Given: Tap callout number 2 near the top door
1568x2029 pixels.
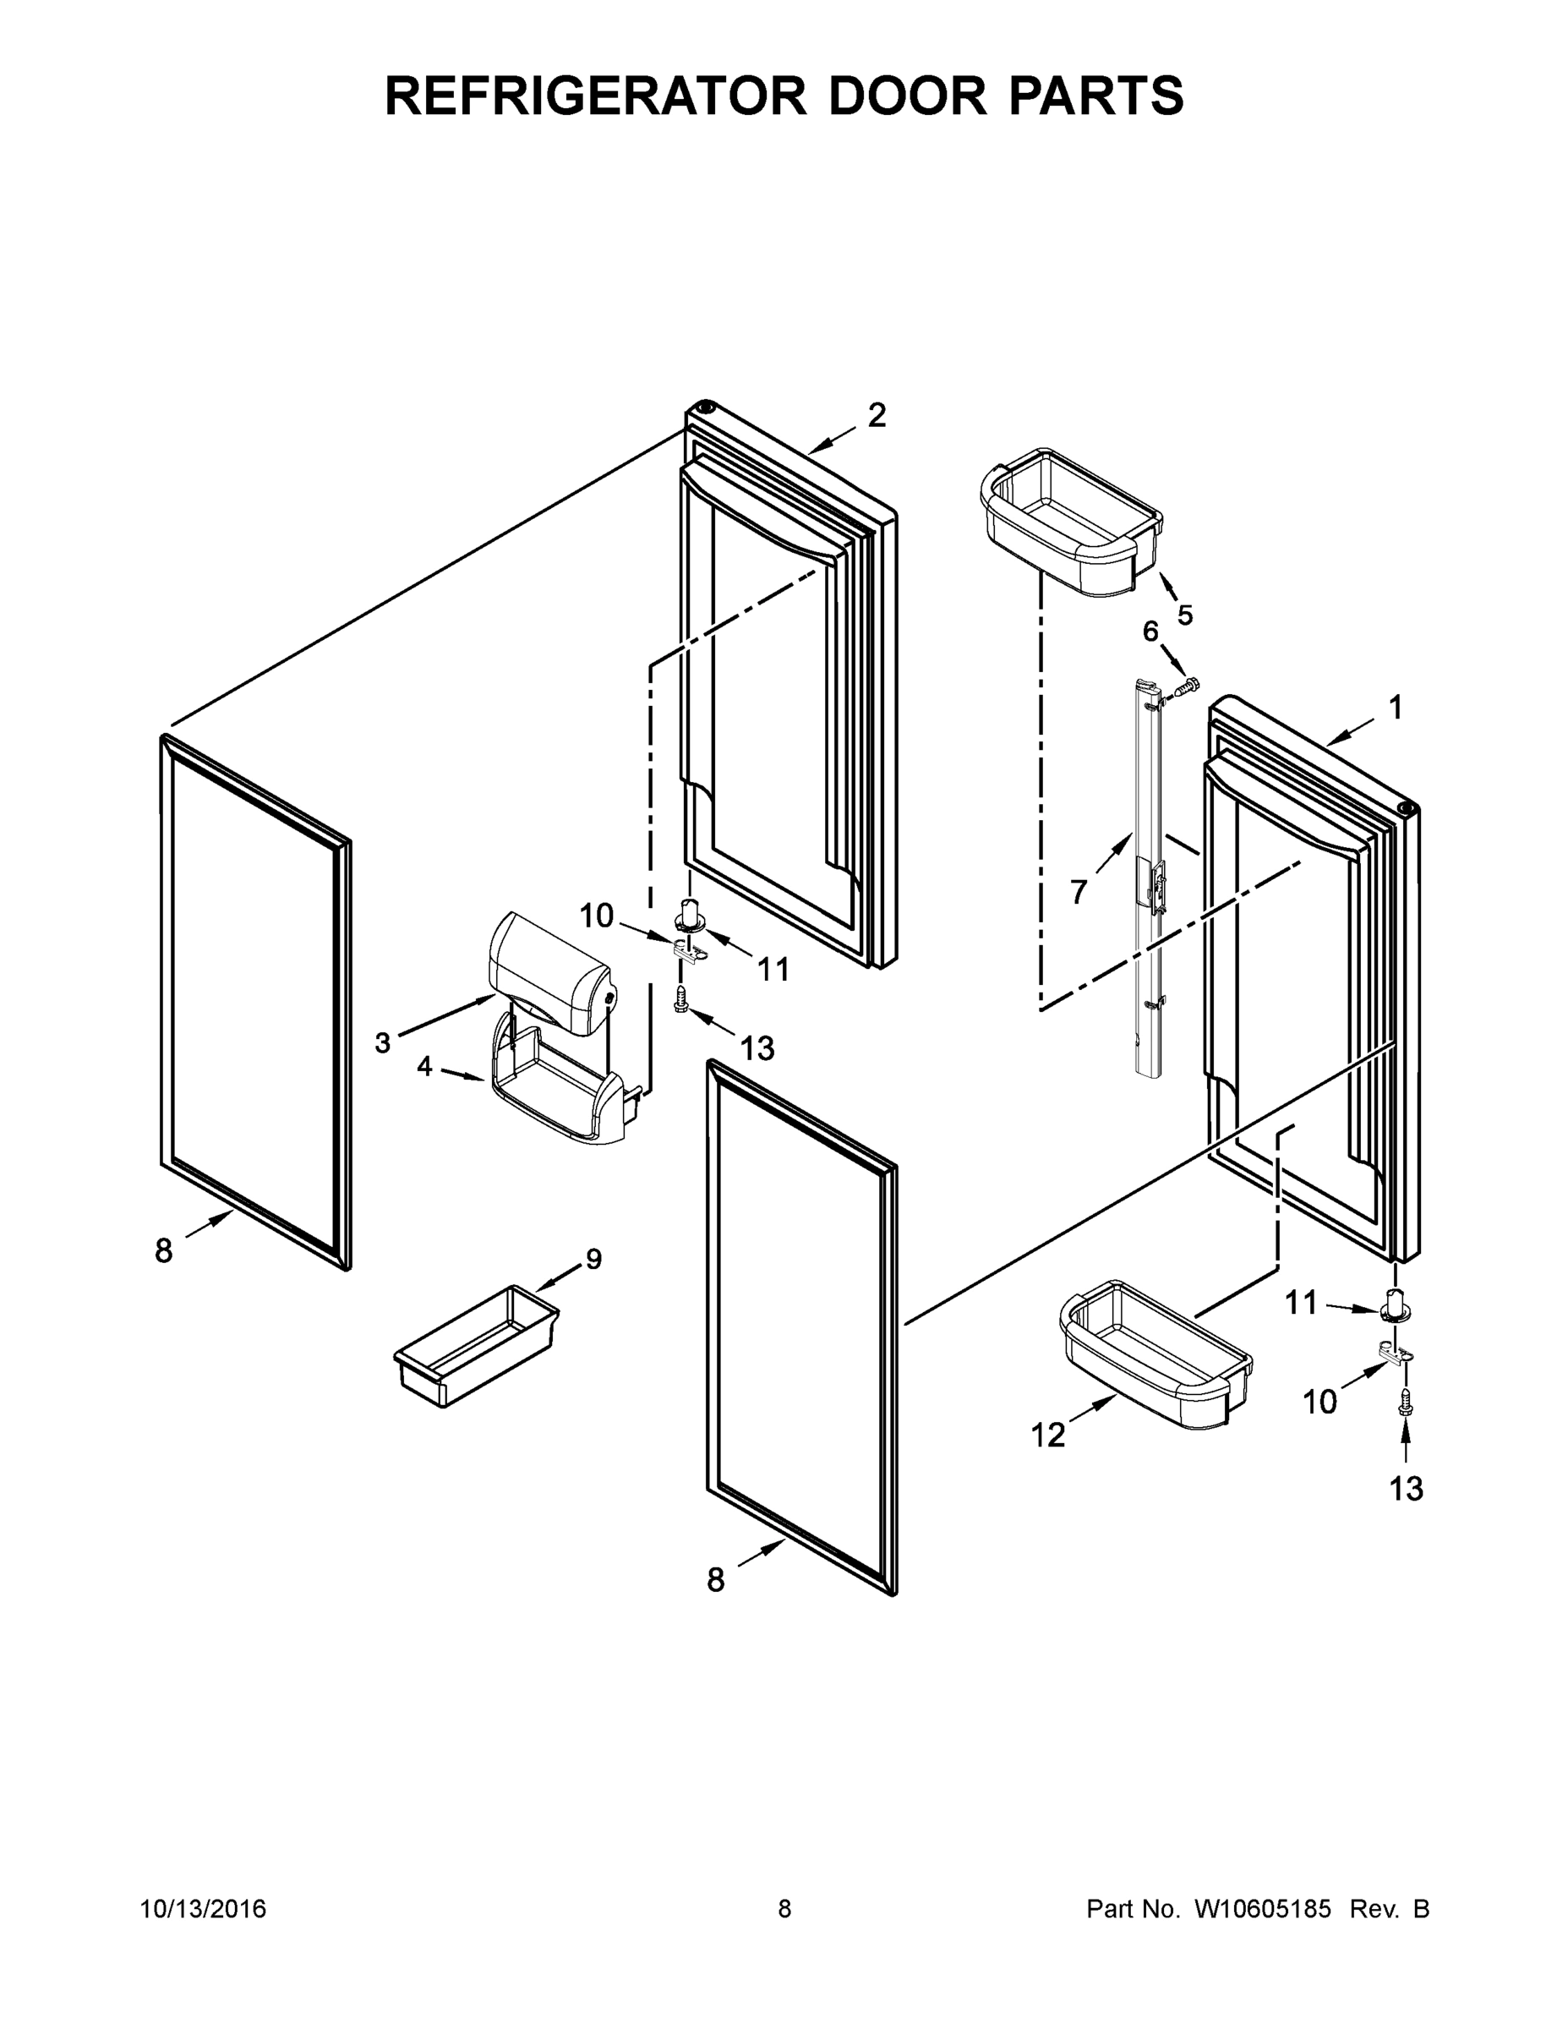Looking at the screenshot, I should [876, 415].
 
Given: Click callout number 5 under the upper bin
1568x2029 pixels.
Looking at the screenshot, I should [1184, 615].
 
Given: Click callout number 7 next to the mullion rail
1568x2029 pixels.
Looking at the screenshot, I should [1078, 893].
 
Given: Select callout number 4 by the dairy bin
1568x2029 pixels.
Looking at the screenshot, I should [424, 1067].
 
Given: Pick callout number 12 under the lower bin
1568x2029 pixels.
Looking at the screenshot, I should [1048, 1436].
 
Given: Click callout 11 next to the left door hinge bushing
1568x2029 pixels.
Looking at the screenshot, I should [773, 970].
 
